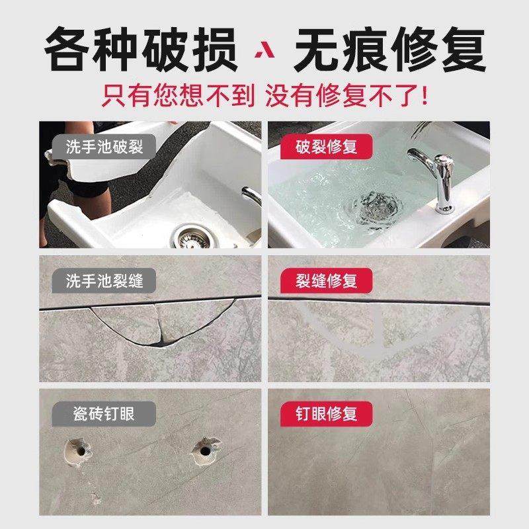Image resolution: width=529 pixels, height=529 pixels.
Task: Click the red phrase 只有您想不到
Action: [177, 97]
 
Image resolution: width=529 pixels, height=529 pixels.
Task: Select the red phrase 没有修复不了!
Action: [346, 97]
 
